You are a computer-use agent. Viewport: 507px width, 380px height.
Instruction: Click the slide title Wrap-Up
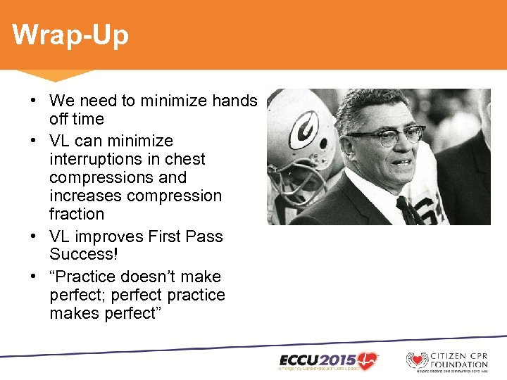tap(70, 34)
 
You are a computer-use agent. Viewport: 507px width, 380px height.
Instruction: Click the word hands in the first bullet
tap(234, 101)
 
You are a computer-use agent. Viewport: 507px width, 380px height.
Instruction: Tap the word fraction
tap(77, 214)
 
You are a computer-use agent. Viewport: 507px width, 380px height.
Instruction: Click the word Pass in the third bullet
tap(204, 236)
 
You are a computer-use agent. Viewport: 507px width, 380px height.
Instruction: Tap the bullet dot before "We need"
tap(33, 101)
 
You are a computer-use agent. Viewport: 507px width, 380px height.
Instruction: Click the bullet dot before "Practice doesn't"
tap(33, 277)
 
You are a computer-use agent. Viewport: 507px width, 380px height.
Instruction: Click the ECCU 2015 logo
tap(327, 360)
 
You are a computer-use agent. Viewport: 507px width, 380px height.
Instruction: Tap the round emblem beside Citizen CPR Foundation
tap(418, 360)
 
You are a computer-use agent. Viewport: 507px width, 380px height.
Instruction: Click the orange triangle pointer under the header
tap(56, 75)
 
